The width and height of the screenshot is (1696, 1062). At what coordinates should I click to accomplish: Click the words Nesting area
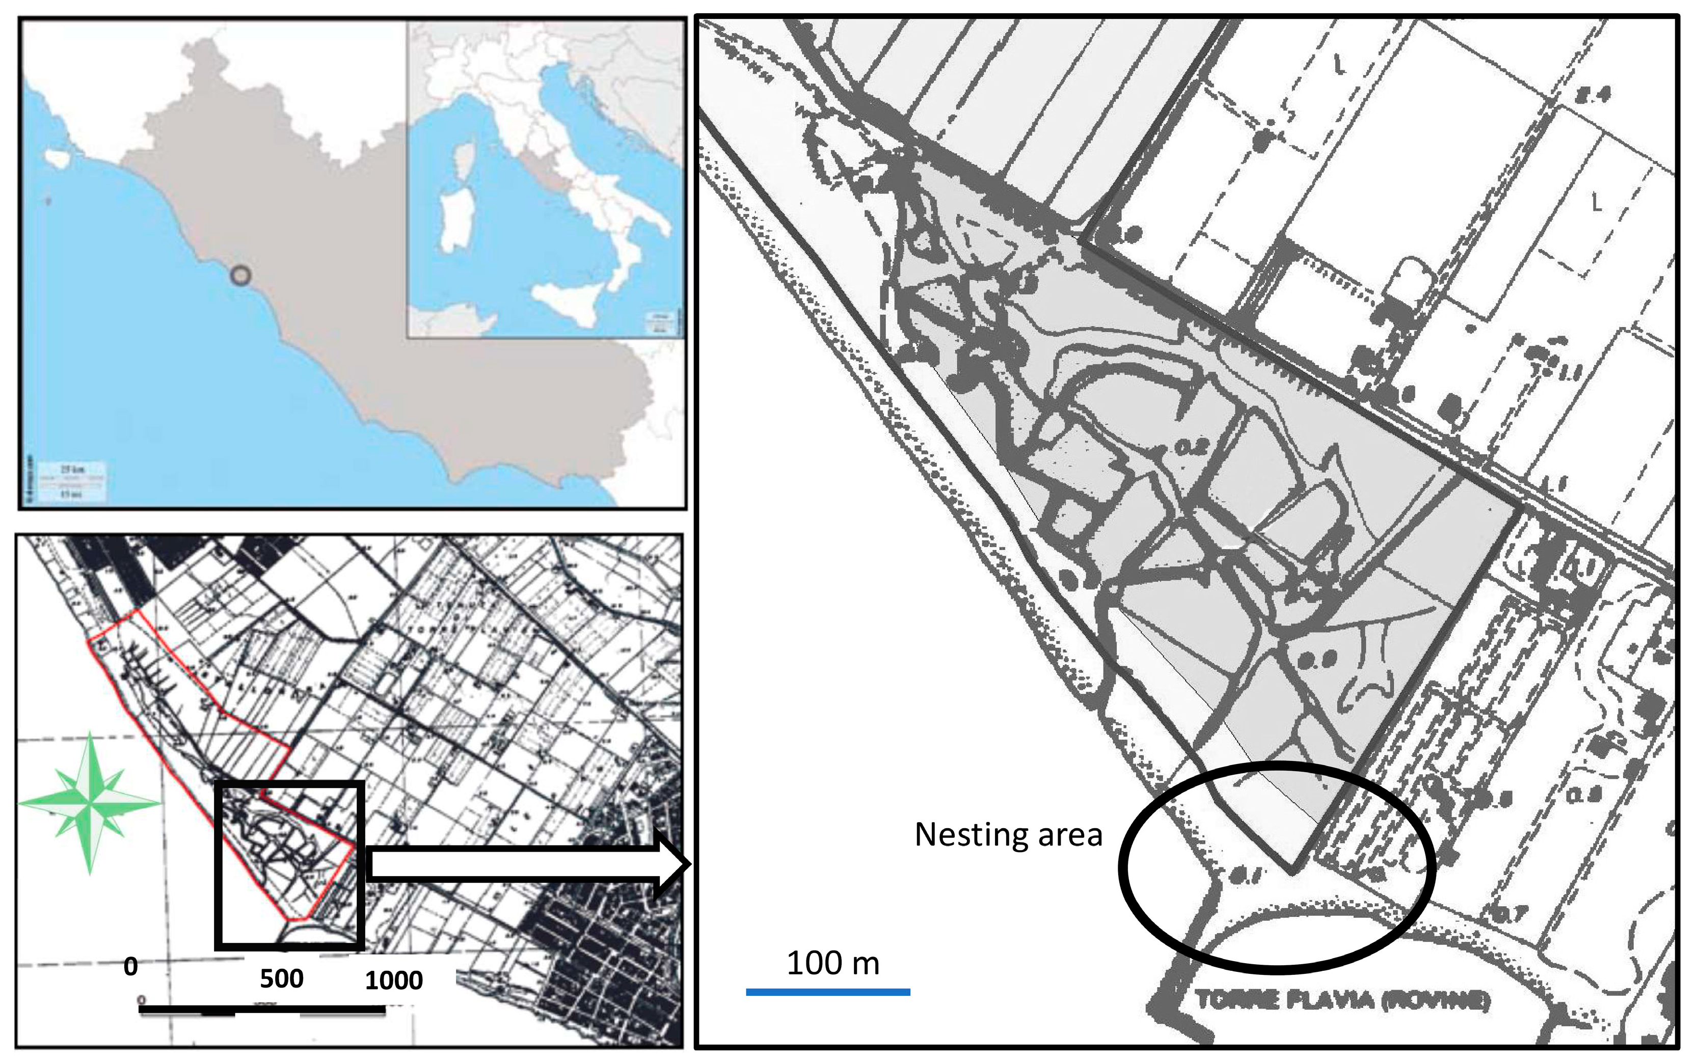click(1008, 835)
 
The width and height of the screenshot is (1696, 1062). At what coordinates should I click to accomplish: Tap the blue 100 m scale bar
click(828, 992)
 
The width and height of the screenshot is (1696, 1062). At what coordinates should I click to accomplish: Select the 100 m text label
click(832, 963)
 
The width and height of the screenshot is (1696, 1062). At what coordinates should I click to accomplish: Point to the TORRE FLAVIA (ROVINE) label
click(1342, 999)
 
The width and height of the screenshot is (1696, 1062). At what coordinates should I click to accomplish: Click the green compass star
click(90, 802)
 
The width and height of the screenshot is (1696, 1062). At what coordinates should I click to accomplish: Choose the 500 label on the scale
click(281, 978)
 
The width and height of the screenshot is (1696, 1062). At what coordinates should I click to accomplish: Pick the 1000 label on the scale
click(393, 980)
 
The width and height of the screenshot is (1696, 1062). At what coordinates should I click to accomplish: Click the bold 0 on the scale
click(131, 966)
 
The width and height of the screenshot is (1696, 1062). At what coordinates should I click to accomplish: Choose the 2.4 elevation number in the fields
click(1593, 94)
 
